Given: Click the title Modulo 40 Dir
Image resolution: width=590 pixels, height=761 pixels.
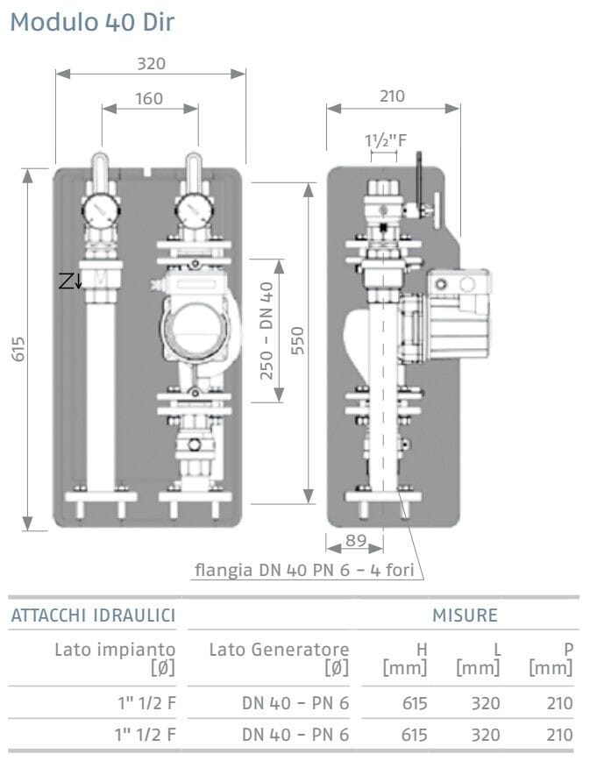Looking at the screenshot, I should click(91, 23).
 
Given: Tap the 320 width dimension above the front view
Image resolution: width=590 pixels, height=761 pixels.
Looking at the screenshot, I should click(151, 63).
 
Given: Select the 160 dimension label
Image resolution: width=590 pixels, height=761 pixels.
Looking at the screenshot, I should click(150, 98).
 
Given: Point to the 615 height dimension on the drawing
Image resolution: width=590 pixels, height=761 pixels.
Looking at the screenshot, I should click(18, 348).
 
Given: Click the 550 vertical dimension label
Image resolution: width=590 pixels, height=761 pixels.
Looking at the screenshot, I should click(297, 343).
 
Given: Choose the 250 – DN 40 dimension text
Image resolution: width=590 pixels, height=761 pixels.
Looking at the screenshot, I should click(267, 330).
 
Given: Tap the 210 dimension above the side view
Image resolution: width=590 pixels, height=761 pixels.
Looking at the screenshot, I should click(392, 96).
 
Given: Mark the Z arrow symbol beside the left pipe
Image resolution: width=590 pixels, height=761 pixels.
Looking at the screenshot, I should click(70, 281).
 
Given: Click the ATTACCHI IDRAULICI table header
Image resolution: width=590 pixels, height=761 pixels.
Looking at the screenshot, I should click(92, 615).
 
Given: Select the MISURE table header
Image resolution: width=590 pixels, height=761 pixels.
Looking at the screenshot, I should click(465, 615).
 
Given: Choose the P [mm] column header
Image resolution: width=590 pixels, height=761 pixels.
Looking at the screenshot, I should click(551, 658).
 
